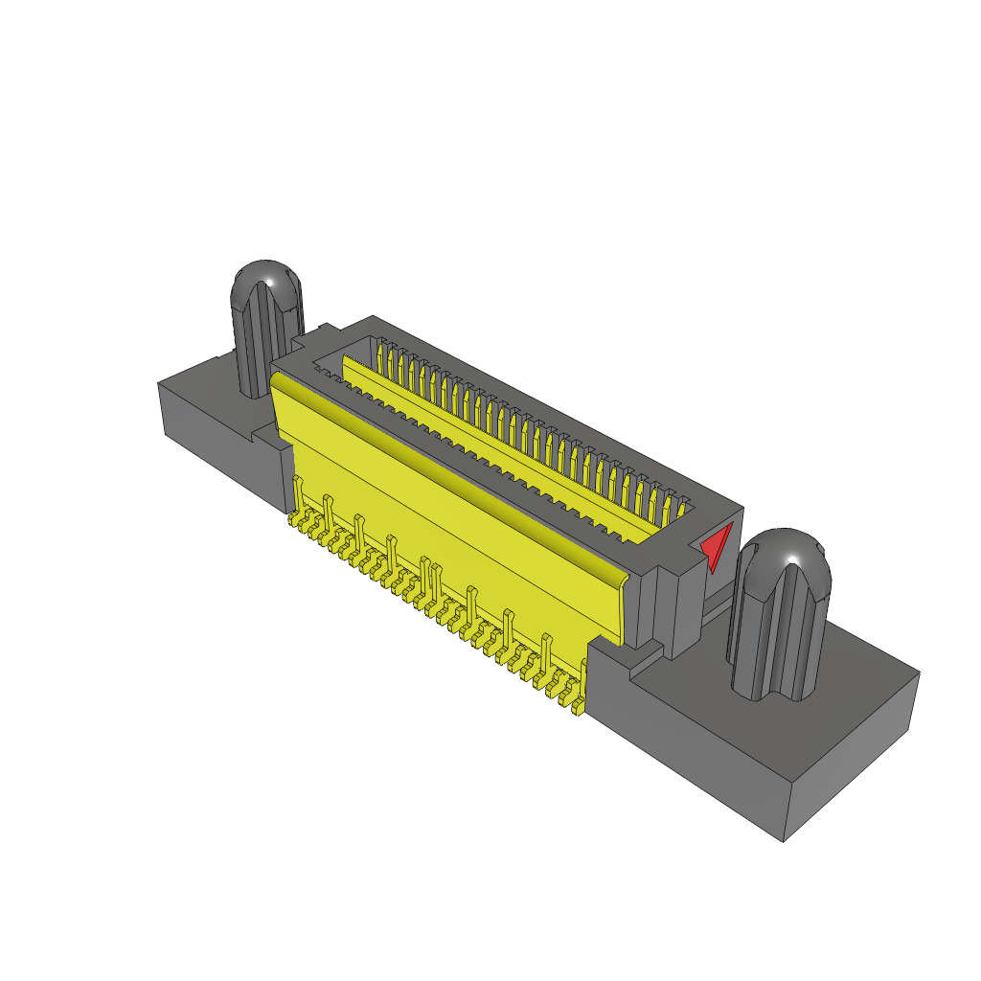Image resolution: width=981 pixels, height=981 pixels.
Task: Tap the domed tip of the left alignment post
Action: click(x=267, y=278)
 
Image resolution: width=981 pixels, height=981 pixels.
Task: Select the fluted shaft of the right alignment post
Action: click(x=776, y=637)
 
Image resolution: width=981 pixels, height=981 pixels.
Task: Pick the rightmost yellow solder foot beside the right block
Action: click(x=578, y=707)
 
